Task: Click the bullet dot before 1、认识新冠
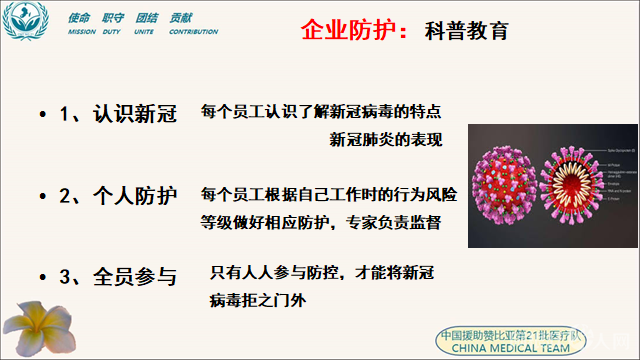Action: click(x=41, y=114)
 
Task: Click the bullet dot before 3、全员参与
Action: click(x=41, y=275)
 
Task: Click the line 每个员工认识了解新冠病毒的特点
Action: click(x=321, y=110)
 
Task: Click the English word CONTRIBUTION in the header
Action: click(x=193, y=32)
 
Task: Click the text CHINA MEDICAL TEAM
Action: click(x=512, y=349)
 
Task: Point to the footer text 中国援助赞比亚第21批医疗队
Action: click(x=512, y=334)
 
